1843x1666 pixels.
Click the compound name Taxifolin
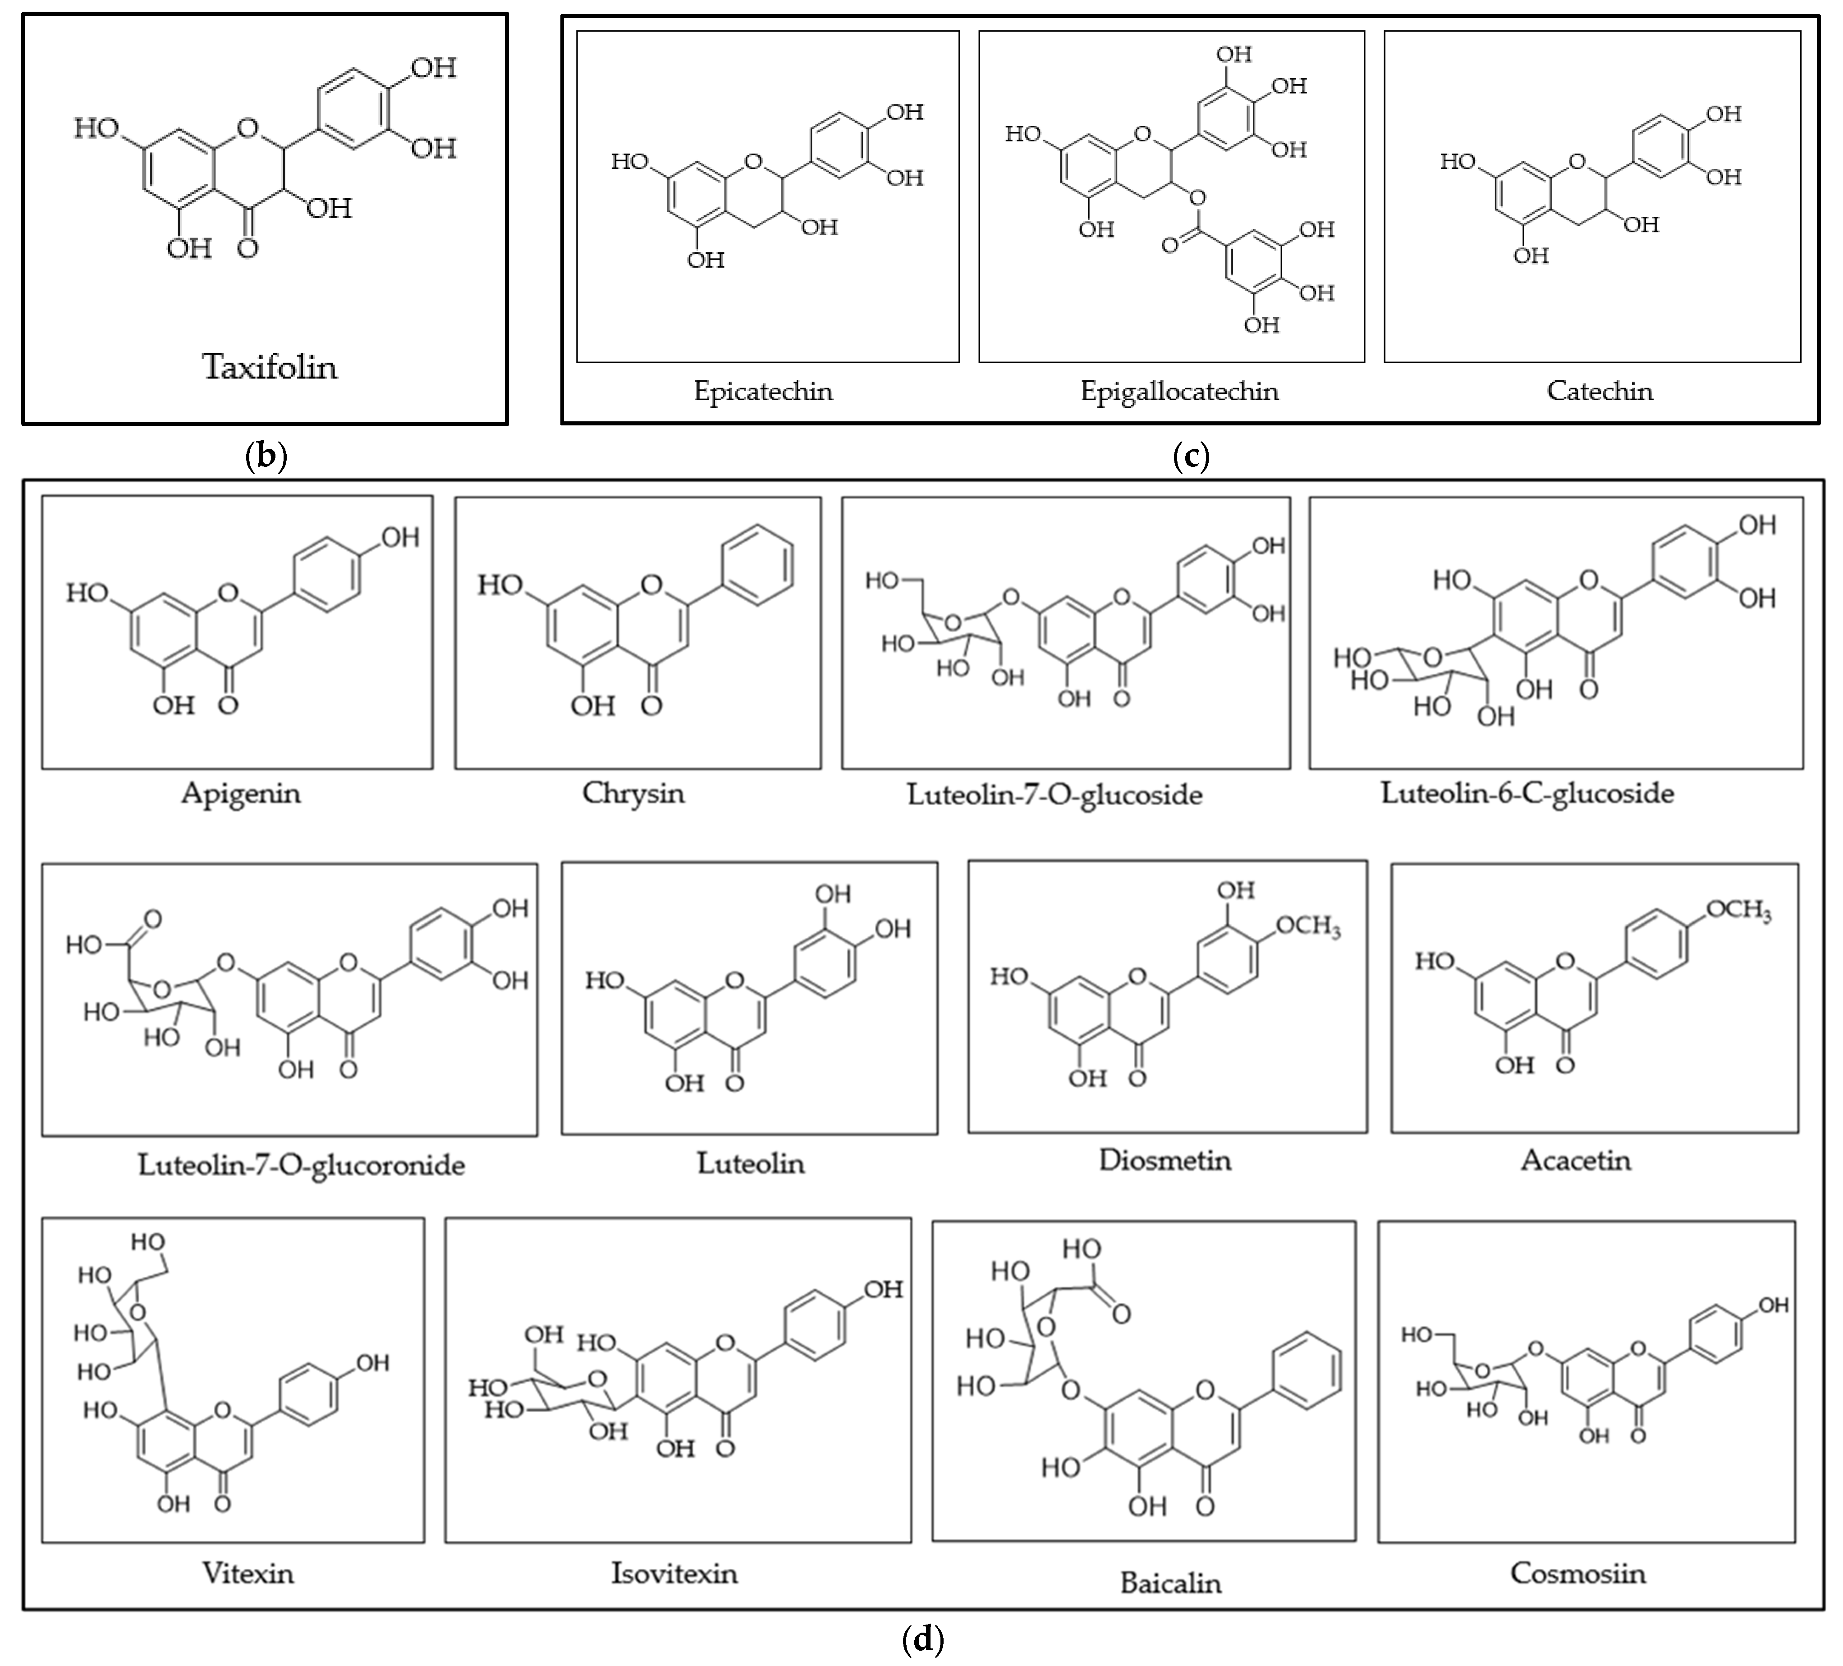click(270, 367)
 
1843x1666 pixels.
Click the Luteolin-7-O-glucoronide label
click(302, 1165)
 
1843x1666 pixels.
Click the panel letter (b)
click(267, 455)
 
